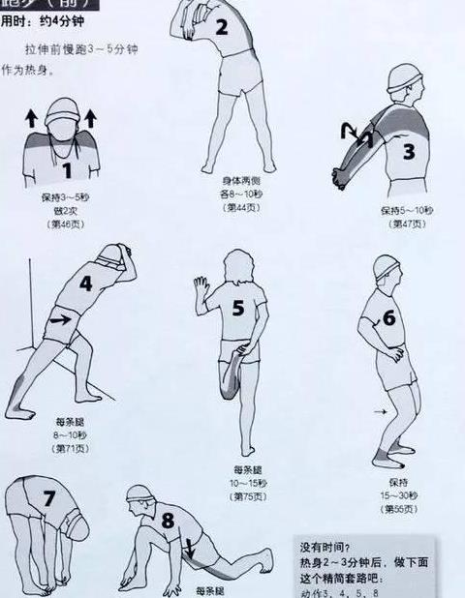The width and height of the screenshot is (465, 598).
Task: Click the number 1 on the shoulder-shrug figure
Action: click(67, 171)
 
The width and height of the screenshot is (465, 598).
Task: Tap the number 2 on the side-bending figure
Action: click(221, 27)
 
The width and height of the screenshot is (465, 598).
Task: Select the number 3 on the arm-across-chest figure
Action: click(408, 152)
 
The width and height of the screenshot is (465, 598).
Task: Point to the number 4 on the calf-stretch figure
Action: click(85, 284)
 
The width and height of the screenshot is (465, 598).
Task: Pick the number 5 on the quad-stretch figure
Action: click(238, 308)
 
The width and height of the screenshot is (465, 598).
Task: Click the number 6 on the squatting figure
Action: click(388, 317)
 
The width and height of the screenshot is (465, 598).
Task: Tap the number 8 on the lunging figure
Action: click(168, 521)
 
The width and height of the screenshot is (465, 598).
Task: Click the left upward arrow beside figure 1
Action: click(30, 119)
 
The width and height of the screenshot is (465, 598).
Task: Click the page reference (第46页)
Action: click(66, 224)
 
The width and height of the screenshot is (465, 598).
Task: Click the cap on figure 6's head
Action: click(387, 264)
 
